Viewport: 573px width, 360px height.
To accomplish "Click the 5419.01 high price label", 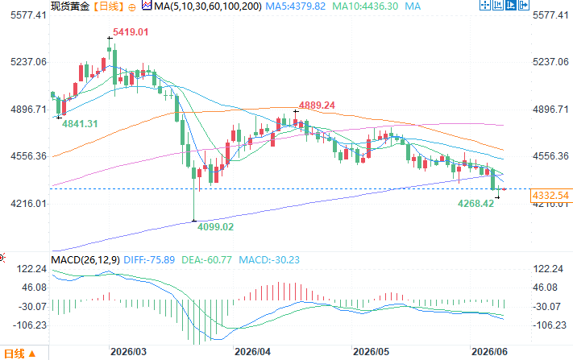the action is pyautogui.click(x=131, y=32).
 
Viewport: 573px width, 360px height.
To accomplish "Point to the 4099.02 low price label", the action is pyautogui.click(x=215, y=227).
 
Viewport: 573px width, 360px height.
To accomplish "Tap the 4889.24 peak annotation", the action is pyautogui.click(x=317, y=106).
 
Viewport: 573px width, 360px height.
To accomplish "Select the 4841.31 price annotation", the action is pyautogui.click(x=80, y=124).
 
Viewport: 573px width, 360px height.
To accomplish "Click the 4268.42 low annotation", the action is pyautogui.click(x=475, y=204).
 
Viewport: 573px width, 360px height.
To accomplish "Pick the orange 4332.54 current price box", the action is pyautogui.click(x=550, y=196).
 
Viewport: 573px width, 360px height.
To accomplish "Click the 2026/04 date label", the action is pyautogui.click(x=252, y=352).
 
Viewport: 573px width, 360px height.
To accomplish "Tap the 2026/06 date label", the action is pyautogui.click(x=489, y=352).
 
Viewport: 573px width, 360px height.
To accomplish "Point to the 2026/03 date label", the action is pyautogui.click(x=128, y=352).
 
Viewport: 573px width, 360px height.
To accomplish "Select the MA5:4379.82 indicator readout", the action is pyautogui.click(x=295, y=6).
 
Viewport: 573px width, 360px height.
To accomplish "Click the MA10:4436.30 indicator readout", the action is pyautogui.click(x=365, y=6).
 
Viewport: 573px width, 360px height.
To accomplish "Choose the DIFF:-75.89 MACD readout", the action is pyautogui.click(x=149, y=260).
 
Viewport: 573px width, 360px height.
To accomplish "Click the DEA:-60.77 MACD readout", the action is pyautogui.click(x=206, y=260).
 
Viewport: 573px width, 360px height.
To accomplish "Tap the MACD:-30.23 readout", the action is pyautogui.click(x=269, y=260).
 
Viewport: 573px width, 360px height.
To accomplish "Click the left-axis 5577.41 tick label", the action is pyautogui.click(x=29, y=15).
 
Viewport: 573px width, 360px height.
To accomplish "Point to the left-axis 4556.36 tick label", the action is pyautogui.click(x=29, y=156).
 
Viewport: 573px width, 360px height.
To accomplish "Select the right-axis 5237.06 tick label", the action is pyautogui.click(x=550, y=62).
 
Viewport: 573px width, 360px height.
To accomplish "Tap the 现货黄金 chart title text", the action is pyautogui.click(x=70, y=6).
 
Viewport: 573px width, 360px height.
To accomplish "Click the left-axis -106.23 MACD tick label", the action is pyautogui.click(x=30, y=325).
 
